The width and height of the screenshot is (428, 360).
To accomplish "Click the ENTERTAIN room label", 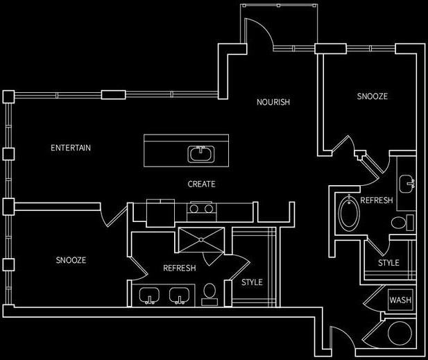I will point(71,148).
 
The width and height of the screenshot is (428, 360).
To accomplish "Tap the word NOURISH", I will point(273,102).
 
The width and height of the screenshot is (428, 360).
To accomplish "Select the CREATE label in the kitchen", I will point(201,185).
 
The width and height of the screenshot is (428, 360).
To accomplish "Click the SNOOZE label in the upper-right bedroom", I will point(373,96).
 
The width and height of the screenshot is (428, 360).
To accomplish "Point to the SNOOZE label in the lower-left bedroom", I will point(71,260).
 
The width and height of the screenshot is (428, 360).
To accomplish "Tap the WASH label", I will point(400,300).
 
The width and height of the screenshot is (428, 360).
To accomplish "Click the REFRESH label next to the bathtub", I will point(377,200).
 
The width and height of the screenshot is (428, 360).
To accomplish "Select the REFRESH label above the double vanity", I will point(179,268).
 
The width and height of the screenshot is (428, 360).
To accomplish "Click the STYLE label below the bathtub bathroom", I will point(388,263).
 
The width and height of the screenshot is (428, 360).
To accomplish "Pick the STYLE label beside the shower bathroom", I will point(252,282).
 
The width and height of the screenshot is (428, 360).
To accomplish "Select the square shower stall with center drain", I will point(203,239).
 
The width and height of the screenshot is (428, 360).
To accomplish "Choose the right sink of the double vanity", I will point(180,296).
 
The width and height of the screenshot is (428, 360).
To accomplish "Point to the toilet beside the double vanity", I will point(209,294).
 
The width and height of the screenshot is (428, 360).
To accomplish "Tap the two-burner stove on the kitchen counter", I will point(202,207).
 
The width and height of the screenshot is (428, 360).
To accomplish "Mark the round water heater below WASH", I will point(400,334).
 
